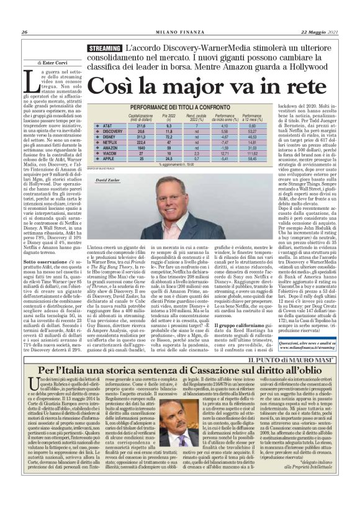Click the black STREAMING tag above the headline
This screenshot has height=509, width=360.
[x=104, y=48]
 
